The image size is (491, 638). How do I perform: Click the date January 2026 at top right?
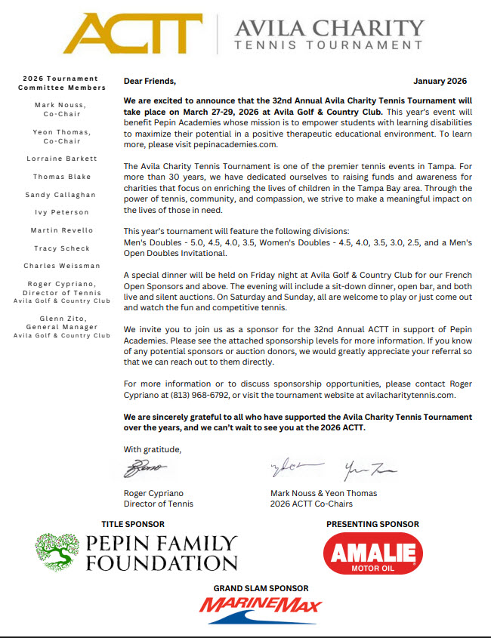point(440,81)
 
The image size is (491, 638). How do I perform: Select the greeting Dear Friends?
point(150,81)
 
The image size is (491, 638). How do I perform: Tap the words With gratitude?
point(153,449)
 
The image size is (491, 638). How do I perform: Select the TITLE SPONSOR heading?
point(133,524)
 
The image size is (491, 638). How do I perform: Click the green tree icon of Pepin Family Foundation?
point(57,553)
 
